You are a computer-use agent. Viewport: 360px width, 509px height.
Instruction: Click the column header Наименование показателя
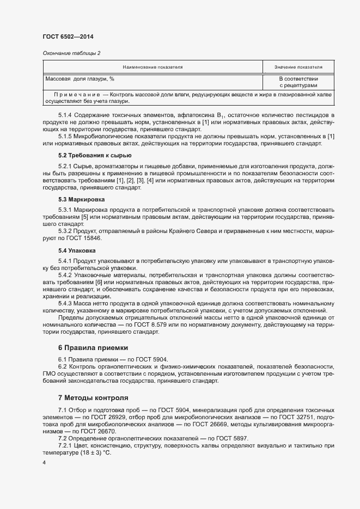(152, 67)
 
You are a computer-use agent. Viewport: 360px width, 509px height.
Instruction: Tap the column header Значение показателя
(298, 67)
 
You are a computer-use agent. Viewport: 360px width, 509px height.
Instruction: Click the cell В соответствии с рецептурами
(298, 82)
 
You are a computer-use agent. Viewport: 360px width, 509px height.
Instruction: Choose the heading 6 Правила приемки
(93, 347)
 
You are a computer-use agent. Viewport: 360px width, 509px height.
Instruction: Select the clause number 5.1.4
(65, 116)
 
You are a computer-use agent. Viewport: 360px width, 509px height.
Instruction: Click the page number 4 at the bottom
(44, 463)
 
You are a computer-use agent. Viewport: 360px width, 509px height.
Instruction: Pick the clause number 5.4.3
(65, 303)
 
